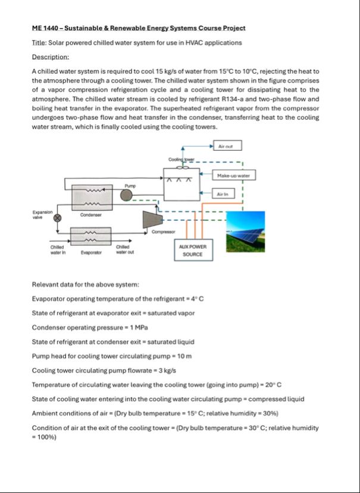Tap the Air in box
[x=227, y=194]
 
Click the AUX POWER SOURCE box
[x=191, y=250]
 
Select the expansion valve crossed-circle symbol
[x=58, y=218]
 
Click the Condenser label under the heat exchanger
[x=91, y=215]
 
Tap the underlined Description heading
[x=51, y=57]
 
